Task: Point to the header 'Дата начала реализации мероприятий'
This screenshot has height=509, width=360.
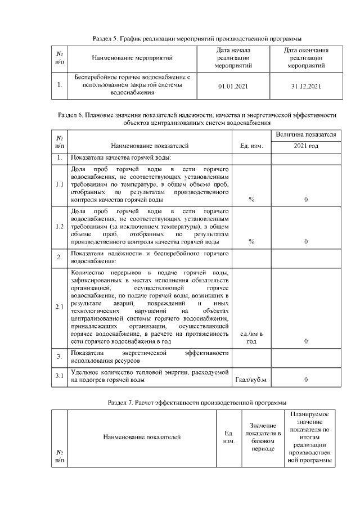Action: pos(232,58)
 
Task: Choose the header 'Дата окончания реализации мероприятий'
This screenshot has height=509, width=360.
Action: pos(306,58)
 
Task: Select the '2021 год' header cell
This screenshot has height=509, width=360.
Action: pos(306,146)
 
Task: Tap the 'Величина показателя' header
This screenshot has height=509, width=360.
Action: pos(306,135)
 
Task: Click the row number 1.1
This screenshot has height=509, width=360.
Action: pos(59,184)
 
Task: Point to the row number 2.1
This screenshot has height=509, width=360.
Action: pos(59,307)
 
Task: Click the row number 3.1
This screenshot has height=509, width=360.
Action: pos(59,376)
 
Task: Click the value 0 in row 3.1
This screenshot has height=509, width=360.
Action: pos(305,380)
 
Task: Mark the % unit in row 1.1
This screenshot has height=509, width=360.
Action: pos(251,200)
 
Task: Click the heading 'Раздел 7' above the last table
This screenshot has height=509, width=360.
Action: pos(197,403)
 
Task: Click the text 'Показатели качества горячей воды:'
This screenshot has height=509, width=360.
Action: pos(121,157)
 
